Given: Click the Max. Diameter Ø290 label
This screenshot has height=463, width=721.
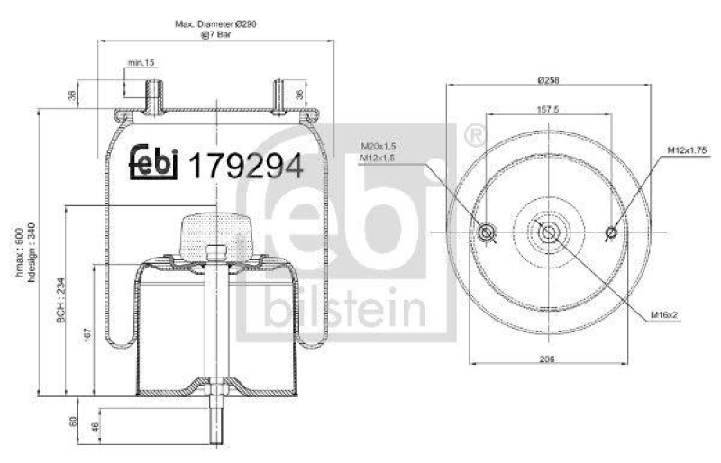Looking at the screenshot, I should [x=215, y=24].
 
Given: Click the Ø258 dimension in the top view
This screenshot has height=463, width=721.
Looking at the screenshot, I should [x=548, y=81].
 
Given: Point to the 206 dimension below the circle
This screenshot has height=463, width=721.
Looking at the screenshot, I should [x=547, y=359].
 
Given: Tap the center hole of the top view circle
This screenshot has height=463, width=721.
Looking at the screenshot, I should [x=548, y=232].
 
